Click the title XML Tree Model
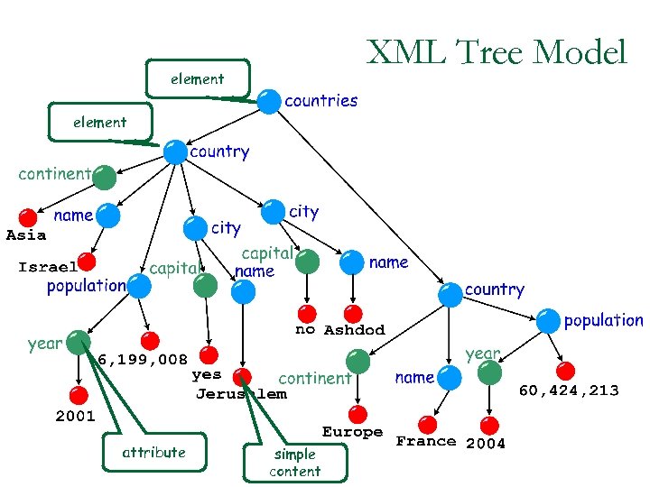496,52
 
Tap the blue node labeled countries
268,102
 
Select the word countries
320,100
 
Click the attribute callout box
153,452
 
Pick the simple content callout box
294,462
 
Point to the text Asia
26,235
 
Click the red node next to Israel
87,262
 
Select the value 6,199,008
143,360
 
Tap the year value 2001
75,417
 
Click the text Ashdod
354,330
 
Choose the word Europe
352,432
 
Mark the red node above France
428,424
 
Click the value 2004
486,443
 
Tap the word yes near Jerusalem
207,373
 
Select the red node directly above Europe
358,414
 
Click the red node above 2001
79,395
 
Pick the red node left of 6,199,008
151,341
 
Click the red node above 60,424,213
566,371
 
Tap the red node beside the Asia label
29,217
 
